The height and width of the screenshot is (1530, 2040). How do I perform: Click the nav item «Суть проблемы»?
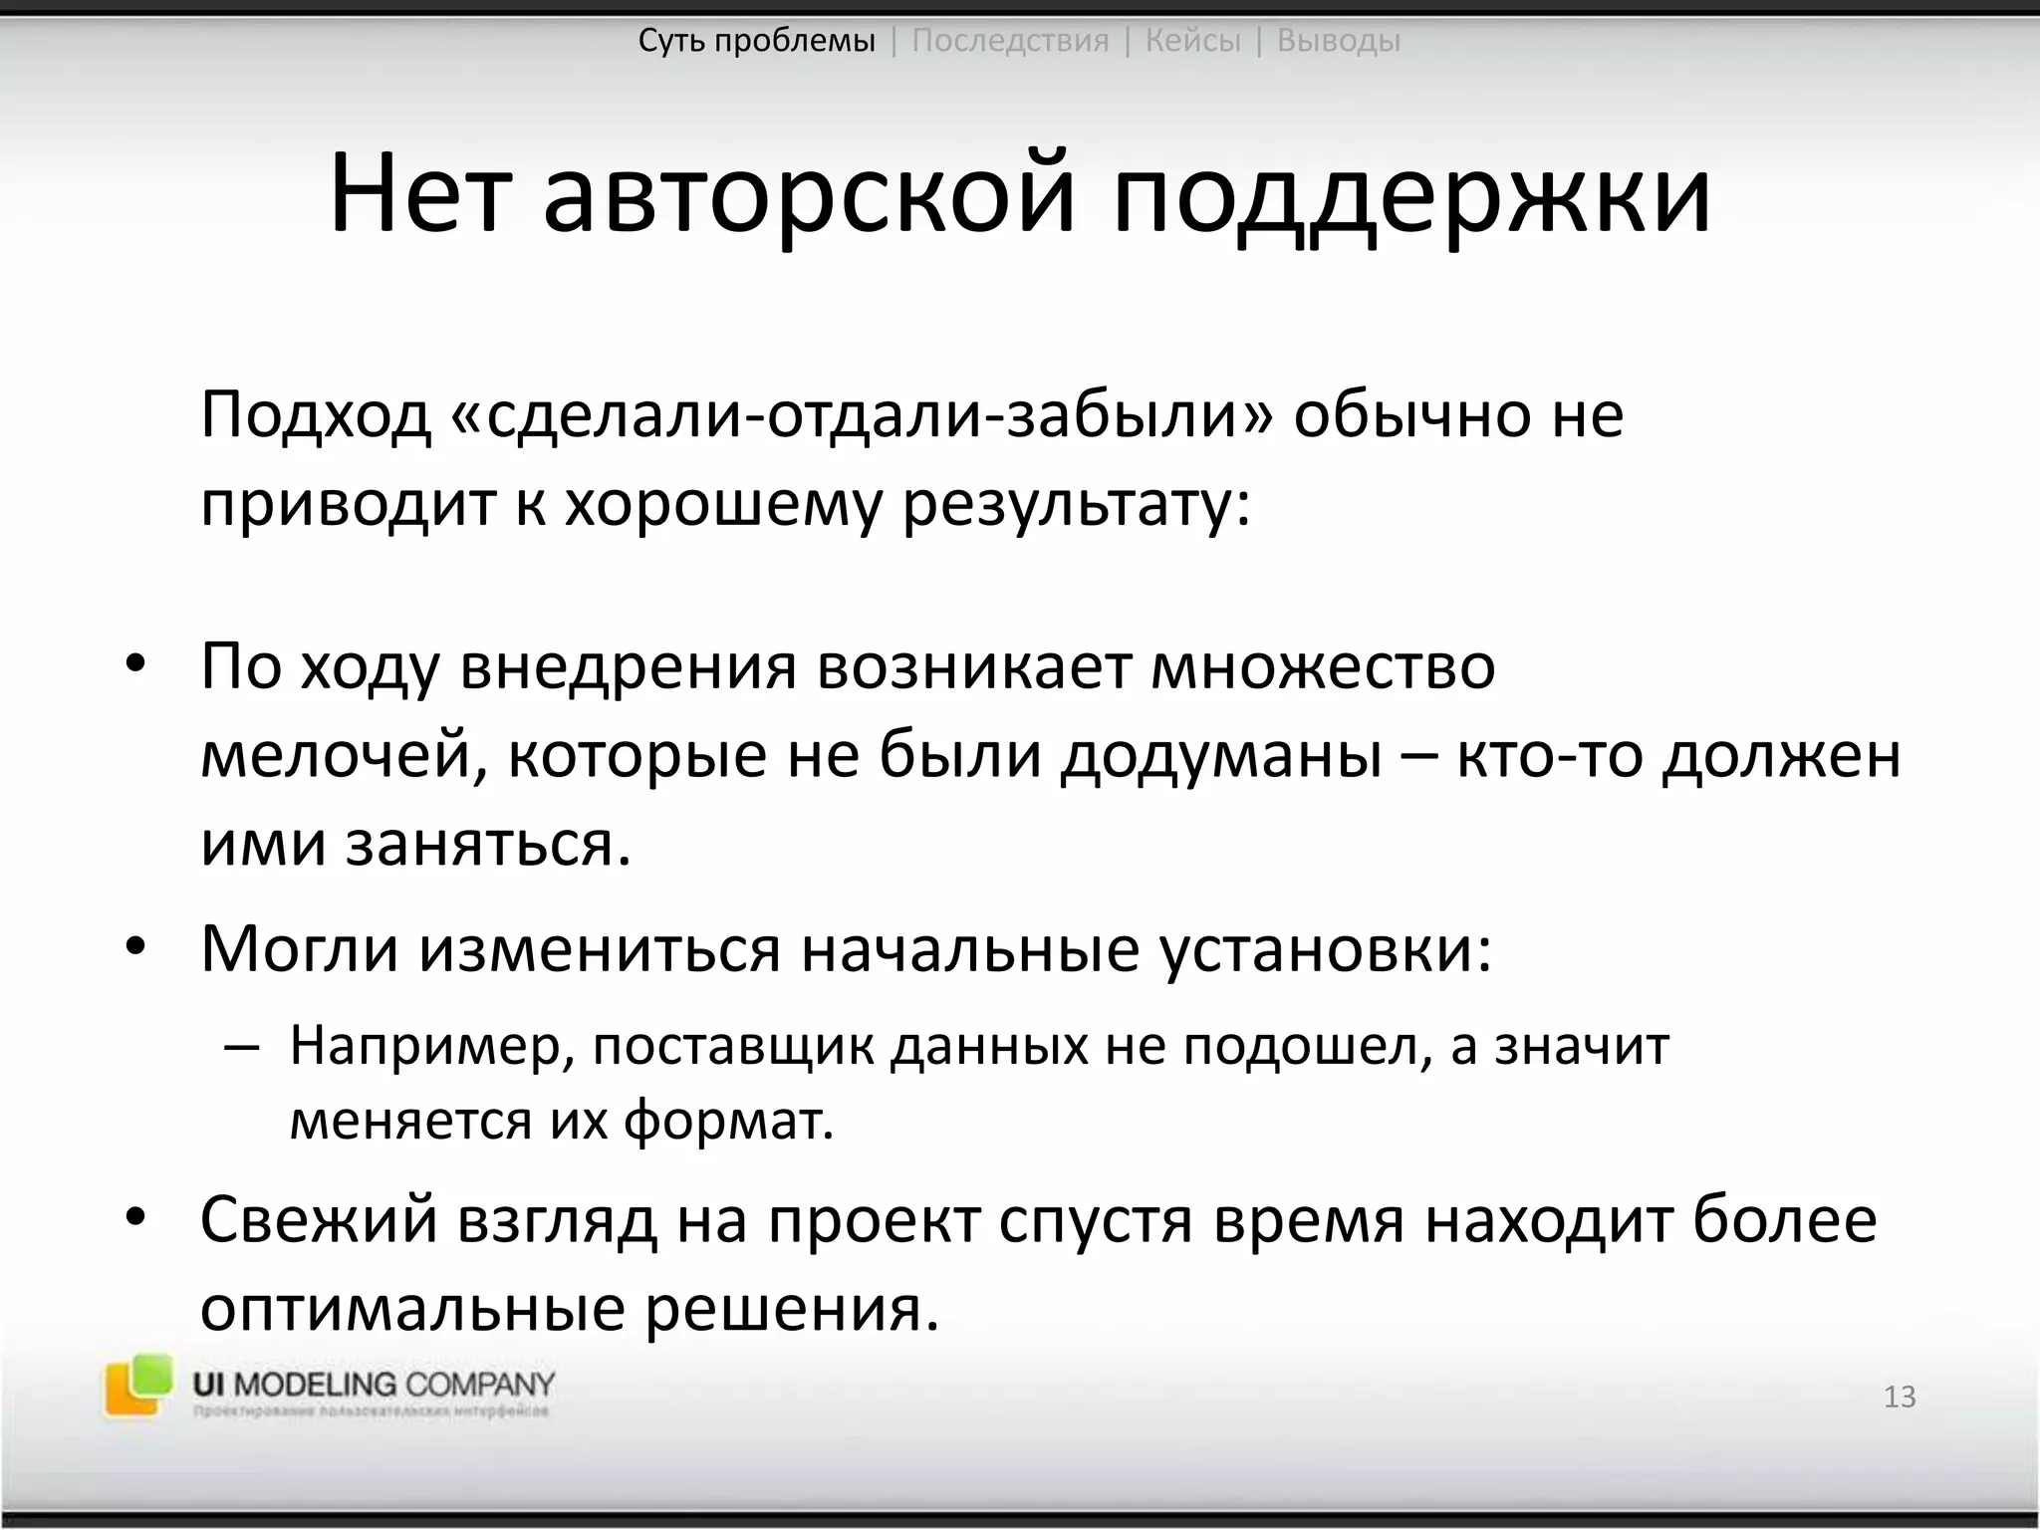757,41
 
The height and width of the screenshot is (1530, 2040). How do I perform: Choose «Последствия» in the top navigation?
1010,41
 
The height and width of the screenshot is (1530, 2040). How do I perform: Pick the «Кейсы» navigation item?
1192,41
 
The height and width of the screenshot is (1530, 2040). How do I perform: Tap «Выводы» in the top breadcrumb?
1338,41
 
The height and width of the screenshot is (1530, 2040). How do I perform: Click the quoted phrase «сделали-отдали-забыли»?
862,414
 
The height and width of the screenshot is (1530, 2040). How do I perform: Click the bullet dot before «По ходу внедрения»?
135,665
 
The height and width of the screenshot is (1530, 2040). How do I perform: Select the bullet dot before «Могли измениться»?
135,948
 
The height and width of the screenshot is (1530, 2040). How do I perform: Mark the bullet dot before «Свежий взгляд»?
135,1220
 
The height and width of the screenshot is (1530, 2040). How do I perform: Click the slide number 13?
1900,1397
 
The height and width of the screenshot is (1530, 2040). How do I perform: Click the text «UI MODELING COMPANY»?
374,1385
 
